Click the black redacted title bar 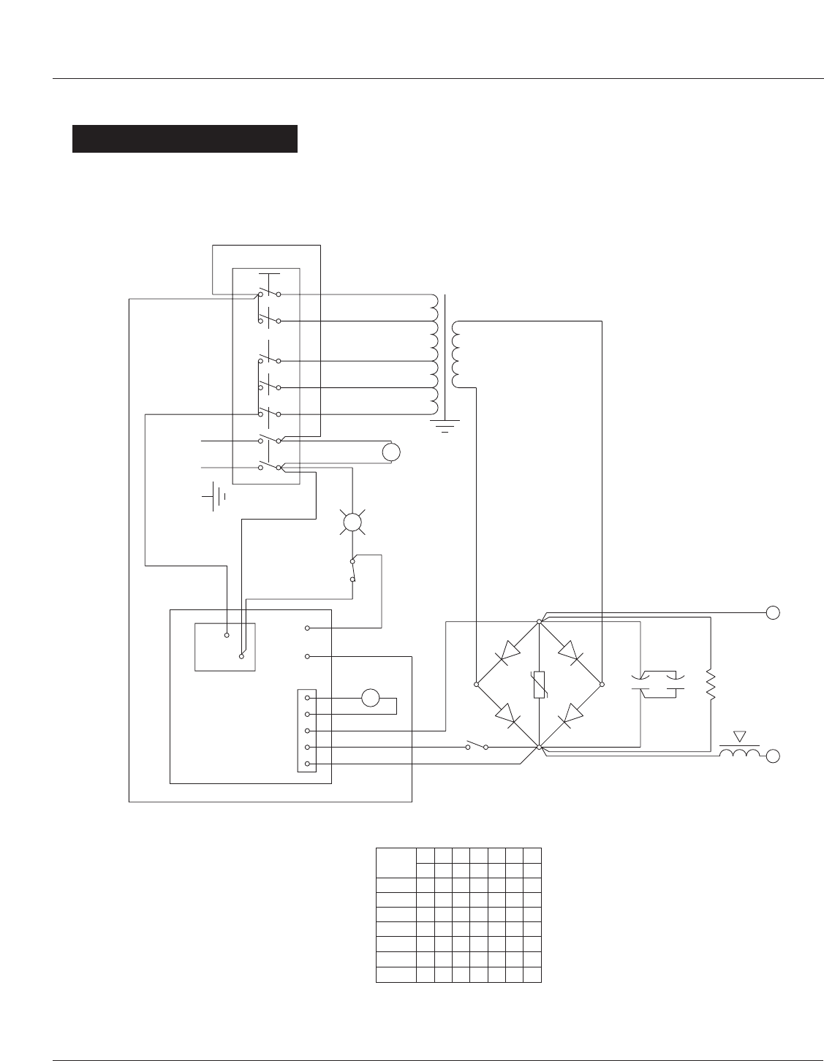(x=184, y=139)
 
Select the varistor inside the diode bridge (x=539, y=684)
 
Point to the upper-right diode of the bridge (x=570, y=653)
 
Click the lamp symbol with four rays (x=353, y=522)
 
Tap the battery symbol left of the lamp (x=213, y=496)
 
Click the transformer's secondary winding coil (x=457, y=354)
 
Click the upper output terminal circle (x=774, y=613)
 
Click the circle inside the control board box (x=371, y=697)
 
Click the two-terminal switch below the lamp (x=353, y=570)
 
